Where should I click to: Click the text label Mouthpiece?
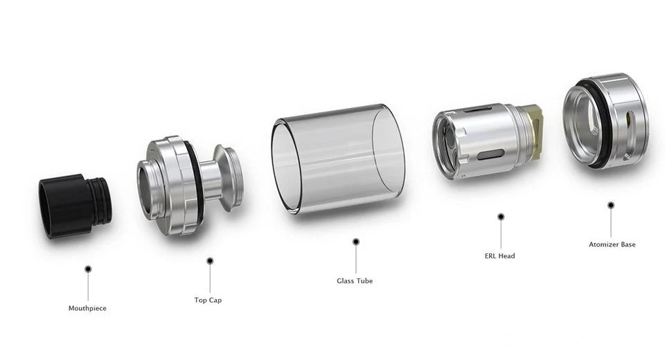[87, 308]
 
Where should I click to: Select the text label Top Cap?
[208, 300]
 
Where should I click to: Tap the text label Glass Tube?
[355, 280]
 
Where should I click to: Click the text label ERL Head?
[499, 255]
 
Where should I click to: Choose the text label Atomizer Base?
[612, 244]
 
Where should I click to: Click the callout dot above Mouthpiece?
[88, 269]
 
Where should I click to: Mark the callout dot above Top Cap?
[210, 261]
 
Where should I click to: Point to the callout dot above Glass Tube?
[356, 242]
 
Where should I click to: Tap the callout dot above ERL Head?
[501, 217]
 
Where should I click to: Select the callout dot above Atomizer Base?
[611, 205]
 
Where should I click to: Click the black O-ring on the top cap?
[195, 184]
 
